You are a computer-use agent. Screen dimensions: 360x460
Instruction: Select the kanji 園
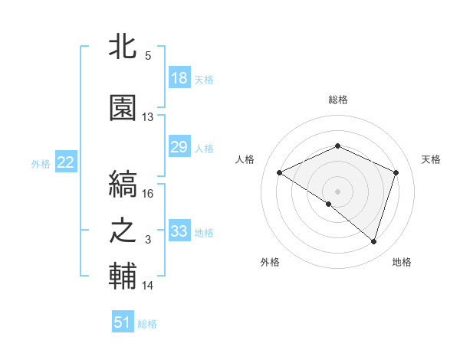tap(123, 108)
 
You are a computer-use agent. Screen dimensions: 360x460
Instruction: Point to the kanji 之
tap(123, 232)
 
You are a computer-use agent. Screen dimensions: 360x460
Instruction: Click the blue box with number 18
tap(179, 78)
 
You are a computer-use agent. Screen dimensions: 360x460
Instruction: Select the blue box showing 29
tap(179, 147)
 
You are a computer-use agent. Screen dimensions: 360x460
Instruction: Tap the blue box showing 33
tap(179, 232)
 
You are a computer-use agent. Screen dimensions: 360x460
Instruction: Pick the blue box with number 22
tap(65, 162)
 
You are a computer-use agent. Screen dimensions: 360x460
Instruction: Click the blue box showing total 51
tap(123, 322)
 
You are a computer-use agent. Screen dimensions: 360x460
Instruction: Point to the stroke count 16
tap(149, 194)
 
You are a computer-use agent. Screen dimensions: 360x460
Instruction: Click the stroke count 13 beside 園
tap(148, 117)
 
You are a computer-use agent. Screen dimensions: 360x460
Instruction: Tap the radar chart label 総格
tap(337, 100)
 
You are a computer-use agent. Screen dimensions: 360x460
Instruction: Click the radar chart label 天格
tap(431, 159)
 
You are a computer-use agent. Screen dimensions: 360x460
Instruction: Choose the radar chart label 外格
tap(270, 262)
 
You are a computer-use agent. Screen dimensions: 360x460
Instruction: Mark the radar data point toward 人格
tap(280, 173)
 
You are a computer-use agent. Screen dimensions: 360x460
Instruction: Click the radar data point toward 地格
tap(373, 242)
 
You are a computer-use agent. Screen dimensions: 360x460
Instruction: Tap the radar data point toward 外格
tap(329, 204)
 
